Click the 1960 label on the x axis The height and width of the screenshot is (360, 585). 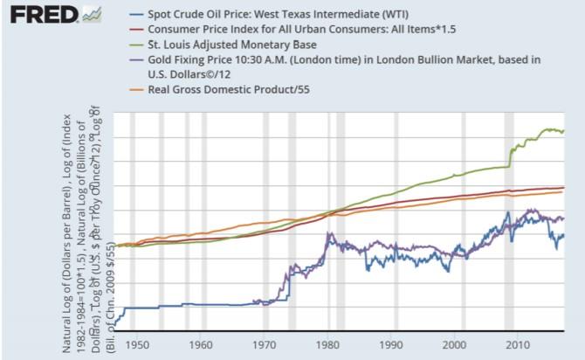(x=201, y=343)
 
